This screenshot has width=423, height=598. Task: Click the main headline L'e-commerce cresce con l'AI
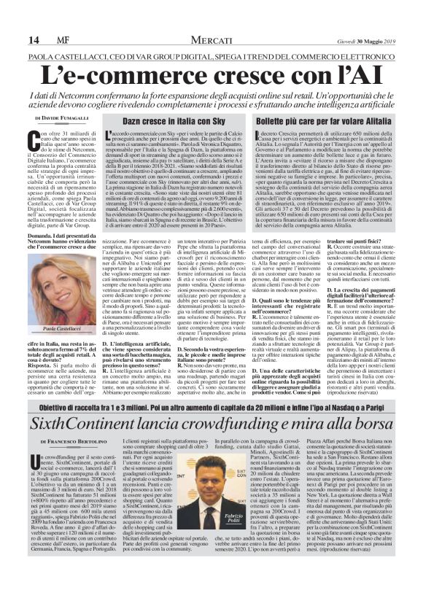[211, 74]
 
